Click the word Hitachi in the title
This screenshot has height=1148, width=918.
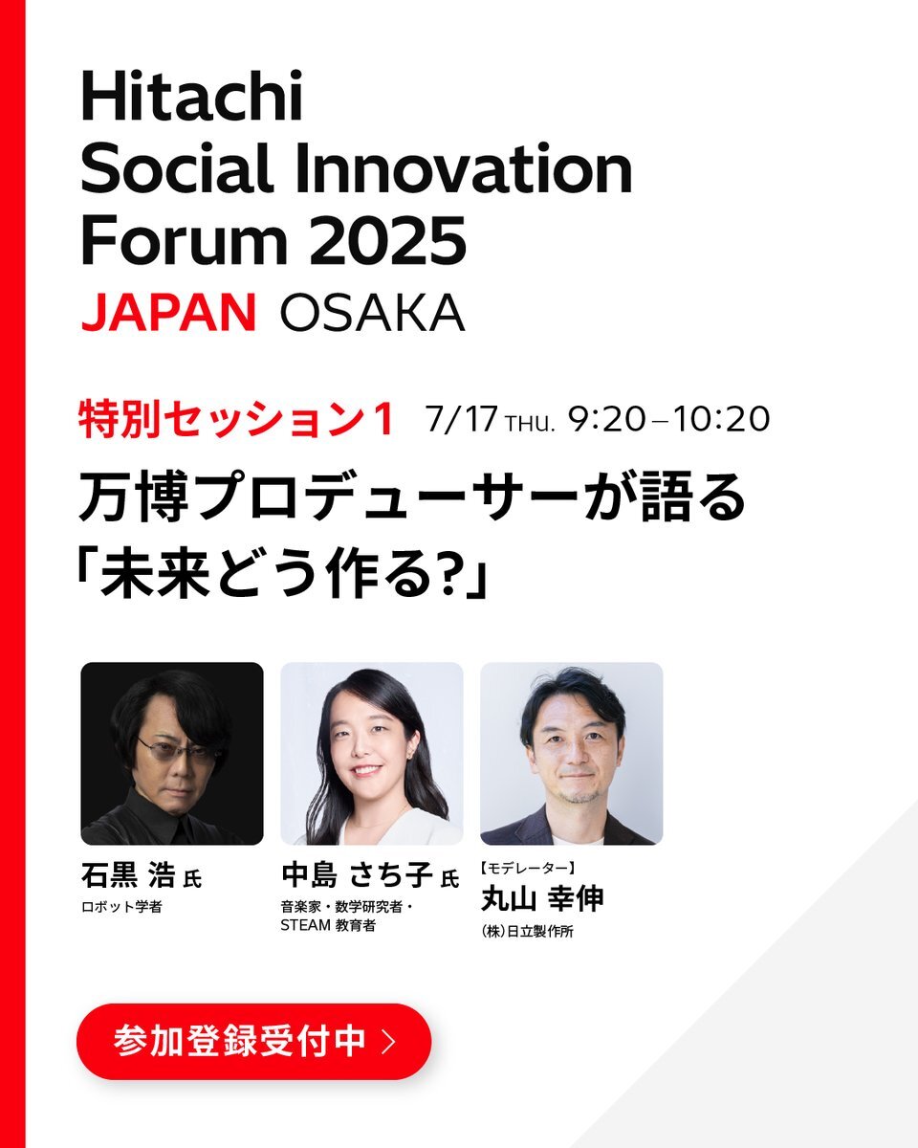[x=192, y=97]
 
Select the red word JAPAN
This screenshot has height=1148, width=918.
[x=169, y=312]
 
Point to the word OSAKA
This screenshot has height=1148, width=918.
[x=372, y=312]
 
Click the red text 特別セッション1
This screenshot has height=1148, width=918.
[x=236, y=419]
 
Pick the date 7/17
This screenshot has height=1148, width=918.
[x=461, y=419]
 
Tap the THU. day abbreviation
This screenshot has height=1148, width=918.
[x=530, y=424]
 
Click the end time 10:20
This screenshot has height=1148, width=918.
[x=721, y=419]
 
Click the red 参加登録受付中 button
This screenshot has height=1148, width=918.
[x=254, y=1041]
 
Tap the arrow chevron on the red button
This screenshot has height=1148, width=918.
[x=389, y=1041]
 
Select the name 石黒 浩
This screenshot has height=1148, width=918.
[x=128, y=875]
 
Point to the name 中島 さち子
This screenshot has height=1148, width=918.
[x=357, y=875]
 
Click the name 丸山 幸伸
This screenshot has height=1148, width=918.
[x=542, y=898]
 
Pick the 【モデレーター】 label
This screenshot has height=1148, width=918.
[x=527, y=868]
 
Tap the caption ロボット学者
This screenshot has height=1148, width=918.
[x=121, y=907]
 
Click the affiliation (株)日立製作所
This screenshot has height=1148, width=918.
[x=527, y=932]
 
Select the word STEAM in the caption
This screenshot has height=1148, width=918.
[x=306, y=925]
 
